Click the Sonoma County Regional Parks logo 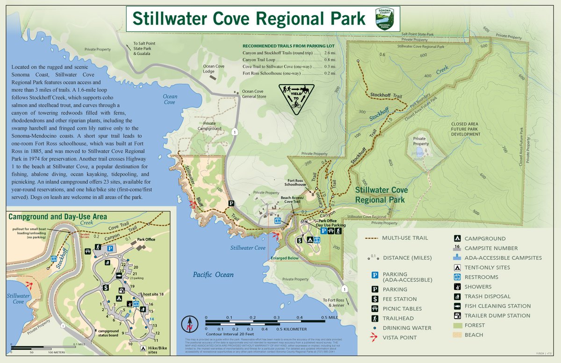click(385, 18)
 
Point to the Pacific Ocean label click(213, 274)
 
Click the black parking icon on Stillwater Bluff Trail click(231, 203)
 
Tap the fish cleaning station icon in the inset click(120, 276)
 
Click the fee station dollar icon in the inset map click(106, 287)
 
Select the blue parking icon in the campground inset click(111, 249)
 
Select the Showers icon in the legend click(456, 287)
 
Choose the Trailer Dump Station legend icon click(456, 316)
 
